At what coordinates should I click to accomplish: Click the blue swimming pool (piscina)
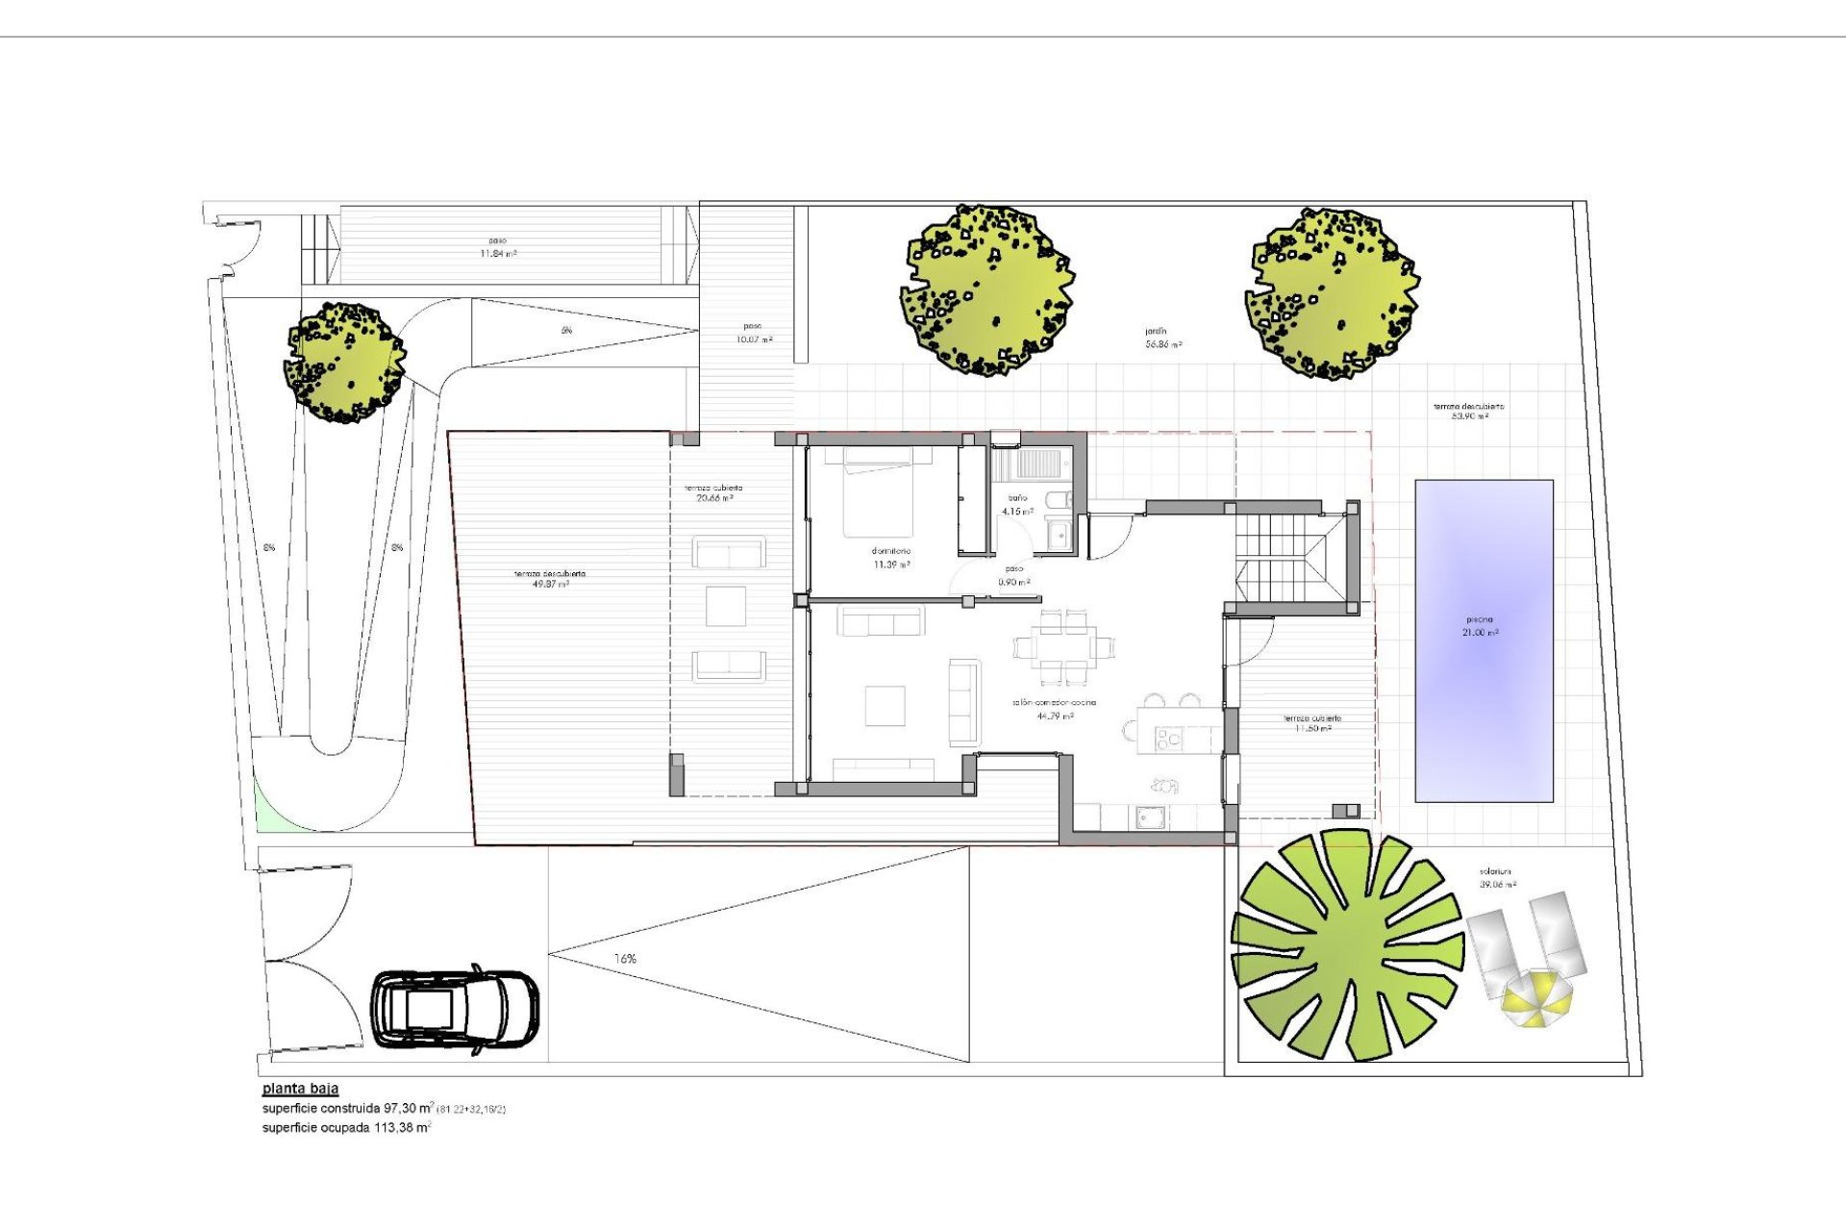point(1484,641)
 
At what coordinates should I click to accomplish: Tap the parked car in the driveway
point(456,1011)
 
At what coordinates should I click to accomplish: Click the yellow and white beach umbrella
point(1535,999)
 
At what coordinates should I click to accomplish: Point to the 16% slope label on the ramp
point(625,959)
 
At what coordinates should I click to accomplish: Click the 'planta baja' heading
point(300,1089)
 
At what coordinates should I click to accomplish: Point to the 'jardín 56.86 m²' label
point(1162,338)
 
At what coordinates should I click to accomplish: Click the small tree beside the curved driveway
point(344,363)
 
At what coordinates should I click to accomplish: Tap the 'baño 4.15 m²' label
point(1017,505)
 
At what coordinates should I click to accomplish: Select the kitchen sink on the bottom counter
point(1151,817)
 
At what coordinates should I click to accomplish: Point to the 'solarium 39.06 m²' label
point(1498,878)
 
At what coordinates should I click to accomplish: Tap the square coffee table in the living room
point(885,705)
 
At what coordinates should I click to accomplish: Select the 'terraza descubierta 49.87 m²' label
point(549,579)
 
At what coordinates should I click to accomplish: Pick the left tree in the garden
point(987,289)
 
